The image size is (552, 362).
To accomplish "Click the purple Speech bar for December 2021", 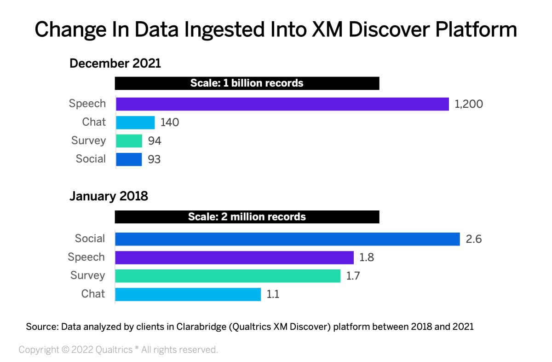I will [x=282, y=104].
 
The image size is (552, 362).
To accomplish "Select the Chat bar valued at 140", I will [x=135, y=123].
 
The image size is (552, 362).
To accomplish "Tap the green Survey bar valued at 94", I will [x=129, y=141].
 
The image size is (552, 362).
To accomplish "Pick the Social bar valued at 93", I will [x=129, y=159].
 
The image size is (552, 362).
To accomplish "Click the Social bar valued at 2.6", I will [x=287, y=239].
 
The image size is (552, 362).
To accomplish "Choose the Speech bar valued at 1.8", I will [x=234, y=257].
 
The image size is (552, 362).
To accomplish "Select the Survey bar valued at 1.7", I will [x=228, y=276].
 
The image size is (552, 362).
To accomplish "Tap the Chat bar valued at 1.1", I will [x=188, y=294].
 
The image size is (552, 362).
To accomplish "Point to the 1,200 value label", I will [x=469, y=104].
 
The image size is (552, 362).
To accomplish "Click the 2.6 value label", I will [x=473, y=239].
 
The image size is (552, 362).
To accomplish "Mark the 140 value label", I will [x=170, y=123].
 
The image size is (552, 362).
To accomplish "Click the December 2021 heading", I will [x=115, y=64].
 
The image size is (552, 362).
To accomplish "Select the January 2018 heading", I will [x=109, y=197].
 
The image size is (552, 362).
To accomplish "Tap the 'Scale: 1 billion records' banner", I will [x=247, y=83].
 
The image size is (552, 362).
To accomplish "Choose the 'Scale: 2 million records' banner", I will [x=247, y=216].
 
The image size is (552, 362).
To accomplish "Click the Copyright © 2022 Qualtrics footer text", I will [x=118, y=350].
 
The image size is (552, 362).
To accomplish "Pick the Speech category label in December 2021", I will [x=87, y=104].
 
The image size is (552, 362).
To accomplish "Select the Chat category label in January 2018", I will [x=93, y=294].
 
